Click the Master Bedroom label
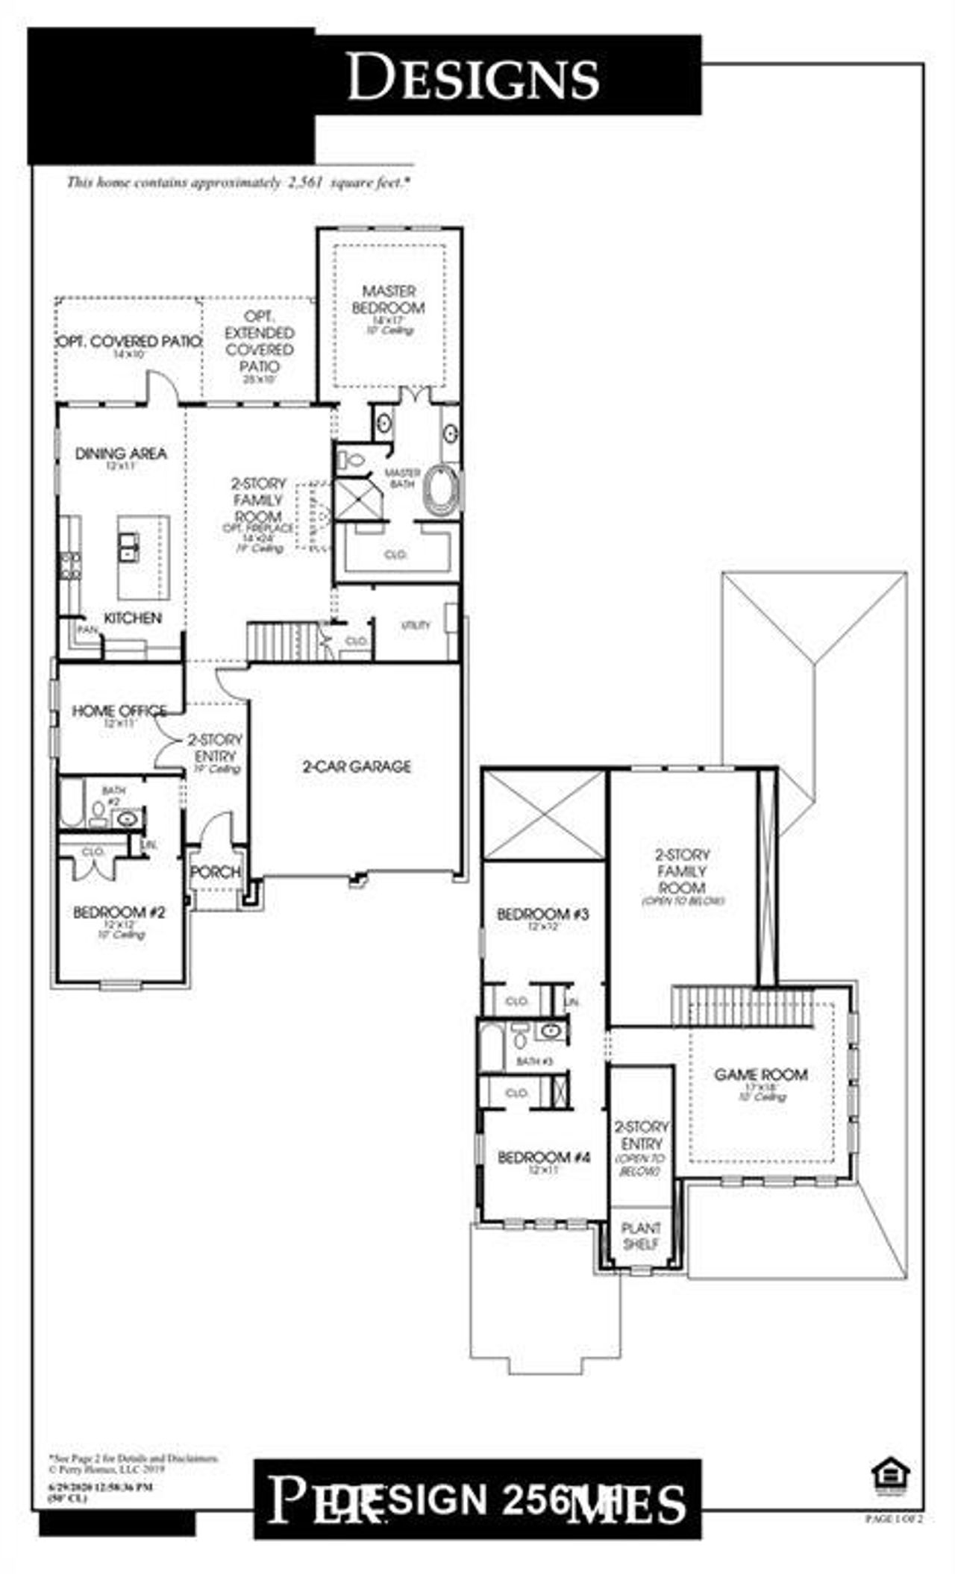point(388,299)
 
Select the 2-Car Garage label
point(357,766)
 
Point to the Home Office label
point(119,711)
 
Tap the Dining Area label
point(121,454)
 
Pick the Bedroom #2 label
point(119,912)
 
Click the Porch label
point(216,871)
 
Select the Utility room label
point(416,625)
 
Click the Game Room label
point(760,1075)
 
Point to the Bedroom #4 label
point(544,1157)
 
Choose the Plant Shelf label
point(641,1235)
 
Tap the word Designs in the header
point(473,77)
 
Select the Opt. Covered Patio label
point(129,342)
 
